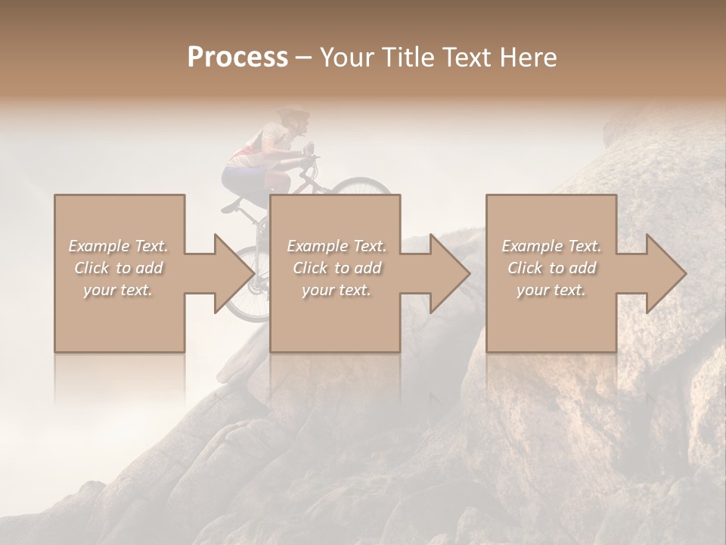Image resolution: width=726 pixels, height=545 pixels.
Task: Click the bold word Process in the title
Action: [237, 58]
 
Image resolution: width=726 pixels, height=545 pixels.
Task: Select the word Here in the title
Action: [528, 58]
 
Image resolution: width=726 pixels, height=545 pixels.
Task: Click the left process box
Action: [119, 318]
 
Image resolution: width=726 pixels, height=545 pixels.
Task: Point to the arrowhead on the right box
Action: [665, 273]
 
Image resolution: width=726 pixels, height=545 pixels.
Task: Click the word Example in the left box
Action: [99, 246]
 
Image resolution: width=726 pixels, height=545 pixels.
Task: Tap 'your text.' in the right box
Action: [551, 290]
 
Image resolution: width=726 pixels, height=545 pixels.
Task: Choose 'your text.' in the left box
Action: [118, 290]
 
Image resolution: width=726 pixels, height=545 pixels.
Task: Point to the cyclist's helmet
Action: [294, 114]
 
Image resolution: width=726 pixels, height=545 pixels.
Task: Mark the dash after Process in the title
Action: [304, 58]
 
